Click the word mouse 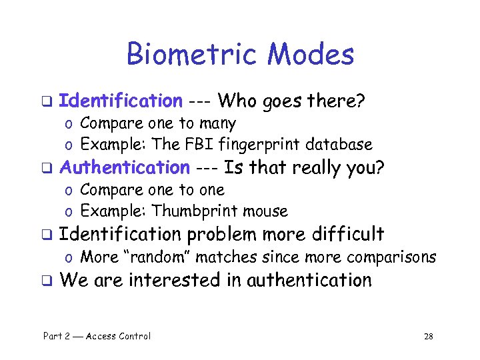tap(265, 211)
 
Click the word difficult tap(345, 234)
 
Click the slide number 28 tap(428, 336)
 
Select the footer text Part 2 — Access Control tap(97, 336)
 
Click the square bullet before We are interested tap(47, 281)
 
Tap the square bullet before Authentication tap(47, 168)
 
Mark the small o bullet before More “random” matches tap(69, 257)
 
